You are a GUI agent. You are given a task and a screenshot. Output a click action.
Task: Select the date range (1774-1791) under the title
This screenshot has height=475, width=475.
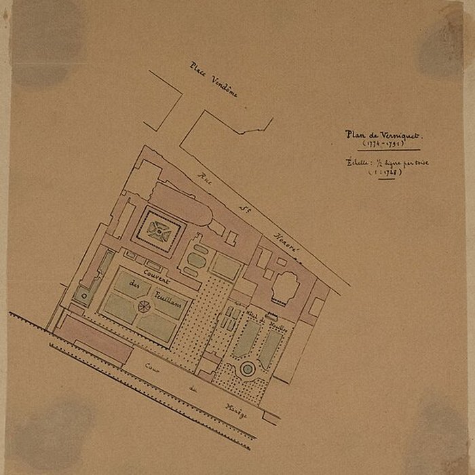click(383, 144)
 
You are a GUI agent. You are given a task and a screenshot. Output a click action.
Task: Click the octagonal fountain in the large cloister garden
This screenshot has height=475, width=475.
click(144, 307)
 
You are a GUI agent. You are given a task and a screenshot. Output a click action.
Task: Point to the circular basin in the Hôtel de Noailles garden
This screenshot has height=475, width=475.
click(248, 369)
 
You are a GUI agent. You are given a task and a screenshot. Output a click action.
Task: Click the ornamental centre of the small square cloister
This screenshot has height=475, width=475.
click(159, 231)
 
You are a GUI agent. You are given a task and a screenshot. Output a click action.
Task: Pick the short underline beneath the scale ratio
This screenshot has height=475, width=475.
click(385, 178)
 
